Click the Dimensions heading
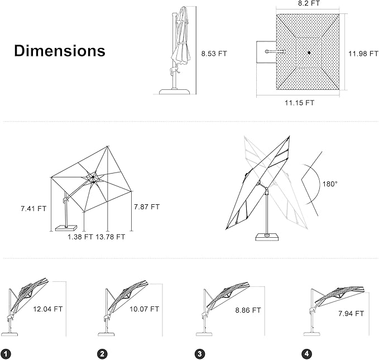point(59,51)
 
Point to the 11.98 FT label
point(362,54)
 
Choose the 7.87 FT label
point(147,207)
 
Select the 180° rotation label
point(330,184)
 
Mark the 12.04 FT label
point(48,308)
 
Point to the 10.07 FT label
point(144,309)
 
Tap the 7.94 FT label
point(351,314)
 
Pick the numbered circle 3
point(199,354)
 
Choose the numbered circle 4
point(306,354)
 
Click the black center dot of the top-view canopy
point(308,53)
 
